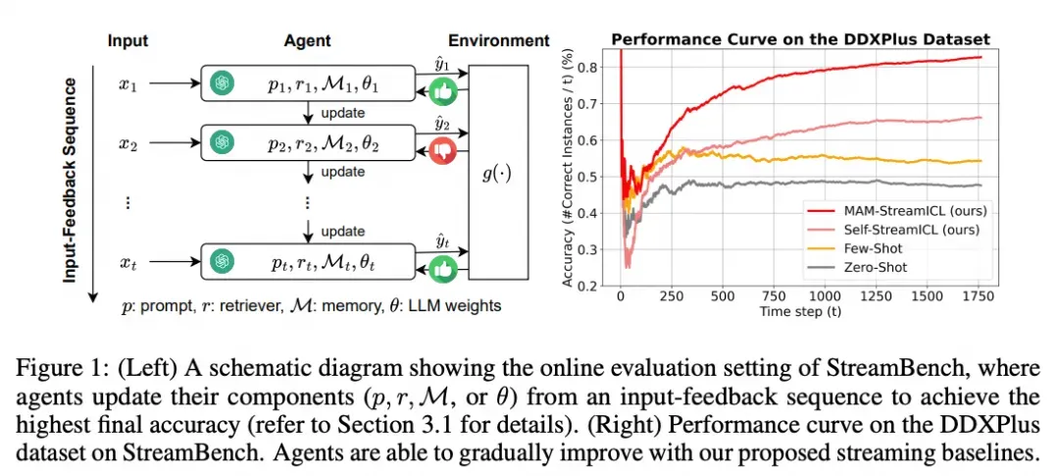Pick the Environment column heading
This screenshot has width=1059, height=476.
(498, 40)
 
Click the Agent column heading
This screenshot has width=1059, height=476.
(307, 40)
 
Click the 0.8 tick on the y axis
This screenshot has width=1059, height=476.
(587, 67)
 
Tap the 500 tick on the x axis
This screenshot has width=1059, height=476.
(722, 296)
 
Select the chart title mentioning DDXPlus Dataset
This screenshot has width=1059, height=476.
(800, 39)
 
